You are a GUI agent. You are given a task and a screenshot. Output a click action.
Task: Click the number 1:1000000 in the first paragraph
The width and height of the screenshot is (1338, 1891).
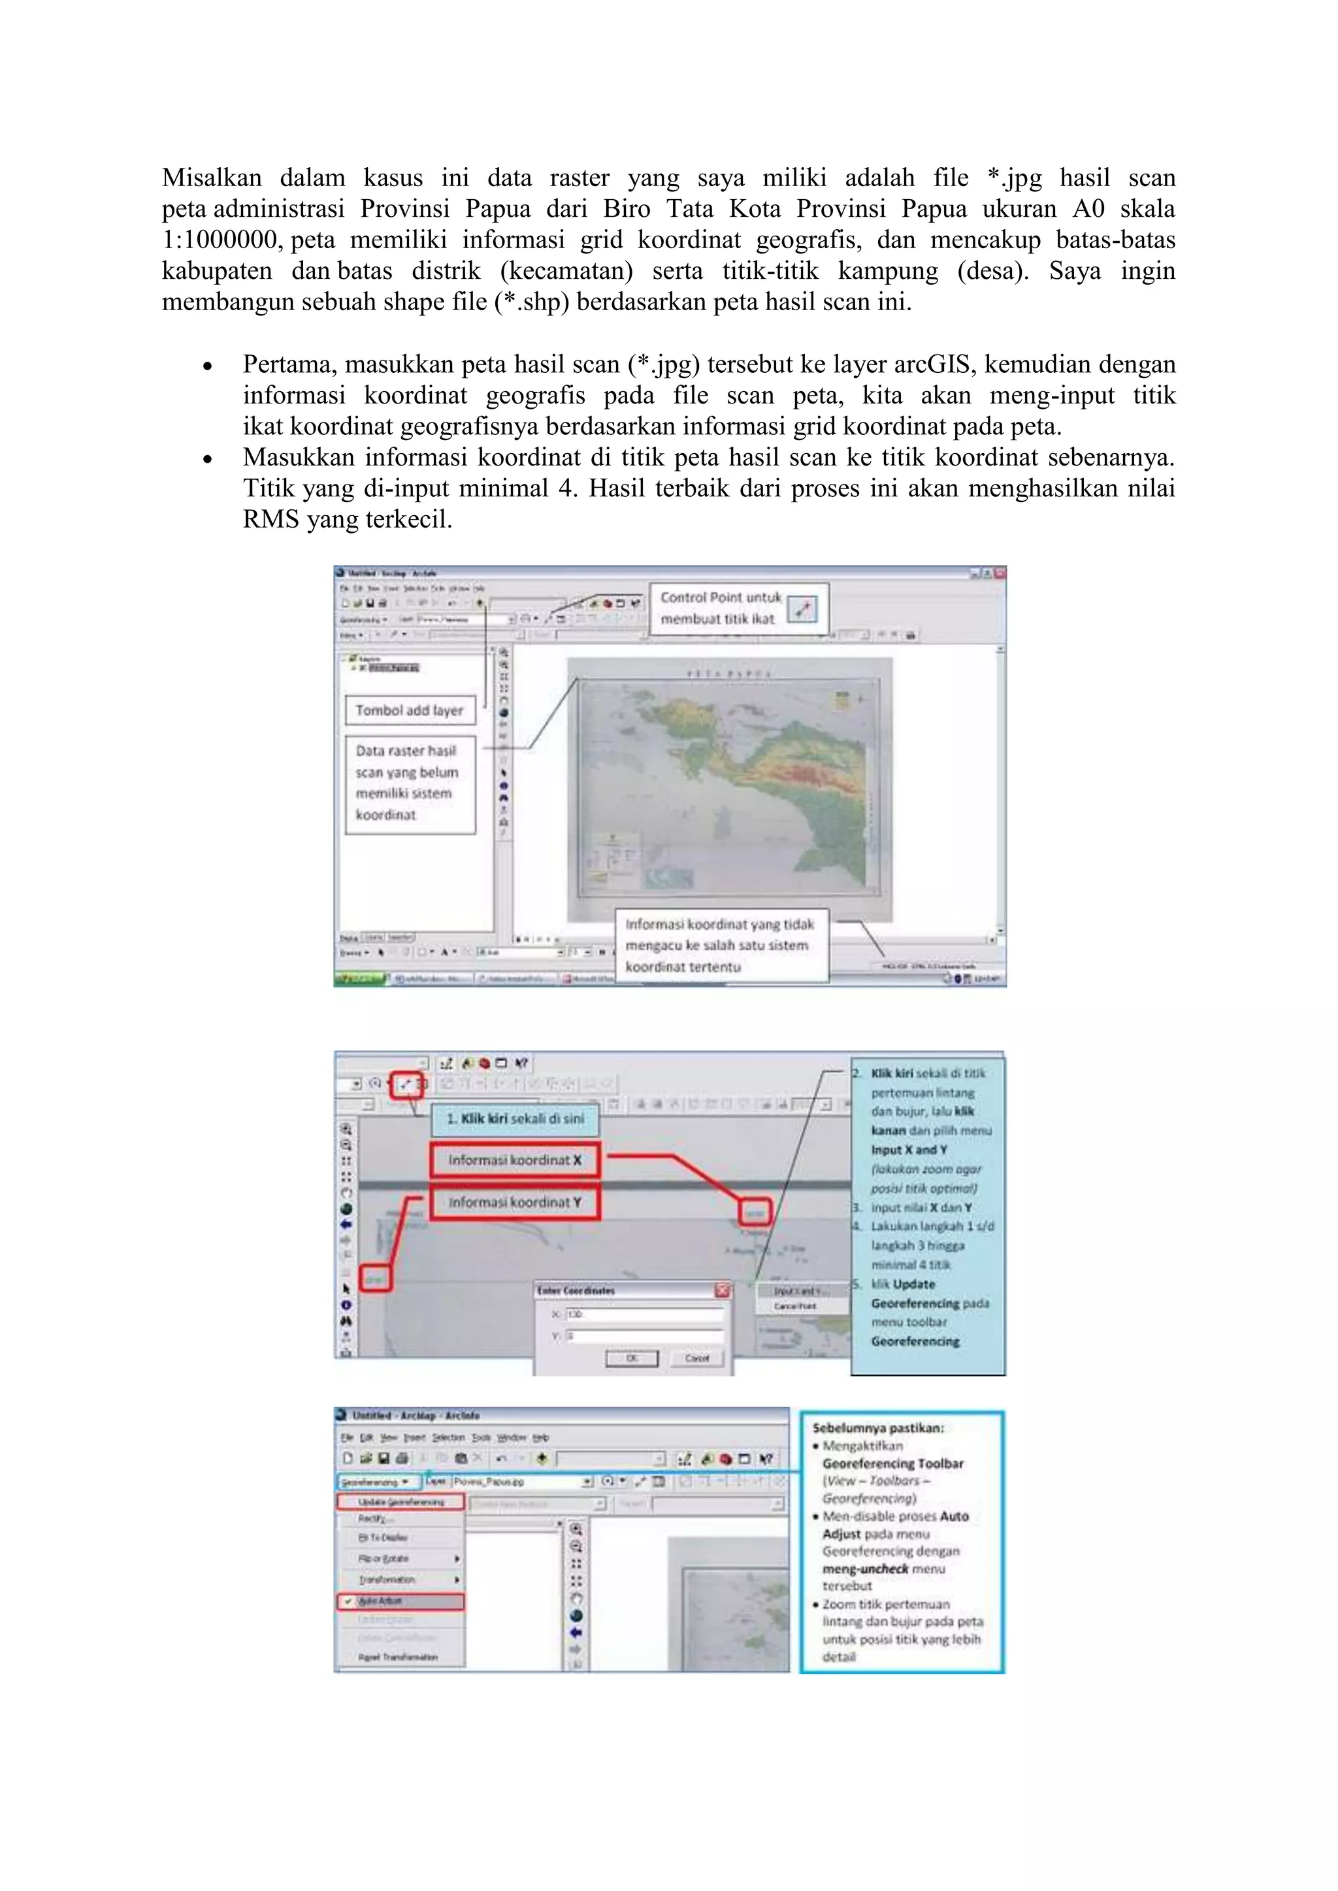pos(218,240)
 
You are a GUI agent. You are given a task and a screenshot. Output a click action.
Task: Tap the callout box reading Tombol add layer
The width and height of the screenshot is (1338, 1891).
pos(410,710)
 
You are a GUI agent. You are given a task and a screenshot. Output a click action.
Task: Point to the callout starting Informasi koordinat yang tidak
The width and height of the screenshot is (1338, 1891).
pos(721,945)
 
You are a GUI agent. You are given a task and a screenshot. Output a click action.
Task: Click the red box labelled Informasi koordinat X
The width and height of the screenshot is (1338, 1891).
pos(515,1160)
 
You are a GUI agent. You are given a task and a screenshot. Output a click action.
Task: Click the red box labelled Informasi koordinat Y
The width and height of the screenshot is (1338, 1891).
pos(515,1203)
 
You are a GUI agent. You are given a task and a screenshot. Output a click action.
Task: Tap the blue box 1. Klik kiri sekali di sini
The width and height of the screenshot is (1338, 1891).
pos(515,1119)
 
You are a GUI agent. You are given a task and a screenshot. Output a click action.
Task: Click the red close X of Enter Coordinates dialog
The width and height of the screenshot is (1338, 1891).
pos(723,1290)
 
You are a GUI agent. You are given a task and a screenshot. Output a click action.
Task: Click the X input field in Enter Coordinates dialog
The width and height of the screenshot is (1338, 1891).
pos(644,1314)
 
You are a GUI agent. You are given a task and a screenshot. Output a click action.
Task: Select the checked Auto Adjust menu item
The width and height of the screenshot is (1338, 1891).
pos(400,1601)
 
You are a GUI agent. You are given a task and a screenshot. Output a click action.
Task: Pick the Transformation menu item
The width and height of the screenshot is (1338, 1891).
pos(387,1580)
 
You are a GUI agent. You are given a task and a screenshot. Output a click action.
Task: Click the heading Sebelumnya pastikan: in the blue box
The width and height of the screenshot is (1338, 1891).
pos(877,1429)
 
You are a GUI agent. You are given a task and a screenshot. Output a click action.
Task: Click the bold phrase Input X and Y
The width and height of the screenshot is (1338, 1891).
pos(909,1150)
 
